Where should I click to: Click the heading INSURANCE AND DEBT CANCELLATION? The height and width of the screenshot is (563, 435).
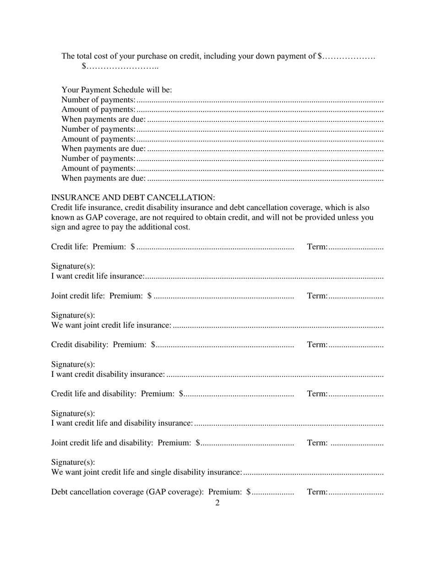pos(133,198)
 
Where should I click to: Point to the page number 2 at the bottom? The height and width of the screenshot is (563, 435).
pos(217,503)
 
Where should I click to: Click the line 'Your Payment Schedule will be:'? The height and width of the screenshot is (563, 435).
pos(117,90)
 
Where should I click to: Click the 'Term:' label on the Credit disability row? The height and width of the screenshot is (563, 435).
pos(317,345)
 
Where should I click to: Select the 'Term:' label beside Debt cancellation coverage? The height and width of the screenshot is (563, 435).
pos(317,492)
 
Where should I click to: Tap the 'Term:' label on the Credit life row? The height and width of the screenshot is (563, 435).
pos(317,247)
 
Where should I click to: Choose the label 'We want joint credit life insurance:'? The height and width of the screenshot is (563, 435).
pos(111,325)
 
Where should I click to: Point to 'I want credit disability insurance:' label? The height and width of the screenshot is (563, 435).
pos(108,374)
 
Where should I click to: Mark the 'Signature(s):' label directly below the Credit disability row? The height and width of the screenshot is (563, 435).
pos(73,364)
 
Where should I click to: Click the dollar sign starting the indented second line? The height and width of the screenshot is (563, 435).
pos(84,66)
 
